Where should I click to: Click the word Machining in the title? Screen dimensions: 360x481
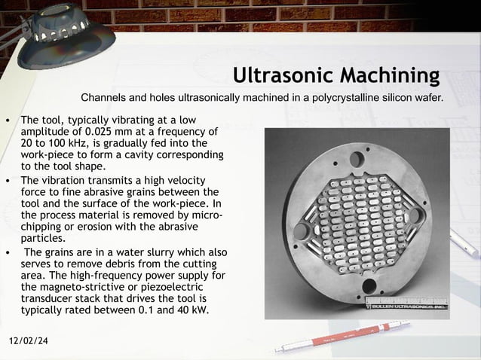tap(391, 76)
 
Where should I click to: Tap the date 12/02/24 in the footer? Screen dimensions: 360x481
tap(32, 342)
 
